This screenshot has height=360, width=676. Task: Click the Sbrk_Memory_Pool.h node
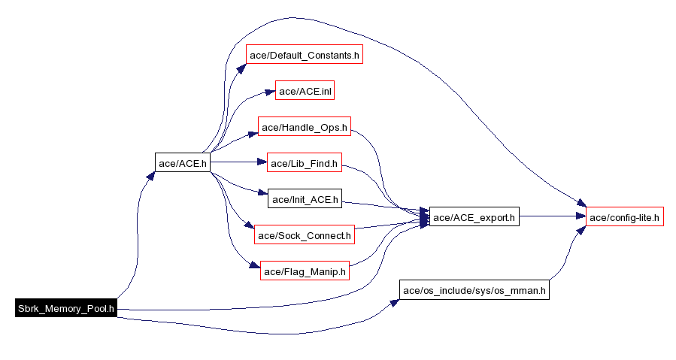[66, 308]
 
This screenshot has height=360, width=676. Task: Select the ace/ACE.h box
[182, 162]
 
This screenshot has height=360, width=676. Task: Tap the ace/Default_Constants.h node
[305, 55]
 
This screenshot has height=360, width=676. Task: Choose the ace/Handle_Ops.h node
[305, 127]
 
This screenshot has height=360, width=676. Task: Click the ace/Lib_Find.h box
[305, 162]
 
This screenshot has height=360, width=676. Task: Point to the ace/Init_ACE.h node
[305, 199]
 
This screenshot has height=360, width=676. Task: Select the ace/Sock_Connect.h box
[304, 235]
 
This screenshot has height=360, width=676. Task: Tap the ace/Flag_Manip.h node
[305, 271]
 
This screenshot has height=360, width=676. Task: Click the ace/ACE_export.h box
[474, 217]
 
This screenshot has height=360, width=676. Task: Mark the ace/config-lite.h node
[624, 217]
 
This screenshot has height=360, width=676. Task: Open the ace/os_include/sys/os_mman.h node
[473, 290]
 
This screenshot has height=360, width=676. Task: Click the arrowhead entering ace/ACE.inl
[270, 92]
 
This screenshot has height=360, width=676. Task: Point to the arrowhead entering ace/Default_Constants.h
[242, 65]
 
